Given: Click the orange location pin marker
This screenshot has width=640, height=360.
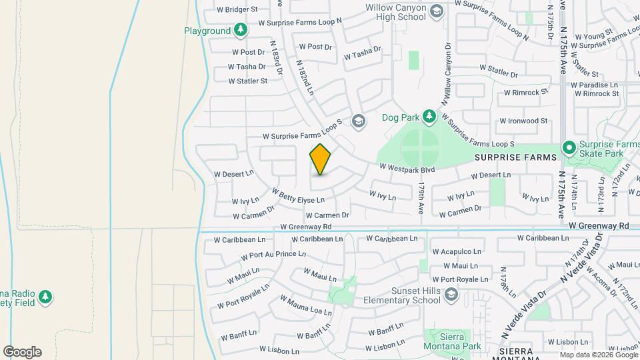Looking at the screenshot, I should click(320, 159).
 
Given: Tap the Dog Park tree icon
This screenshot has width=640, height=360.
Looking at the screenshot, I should click(429, 117).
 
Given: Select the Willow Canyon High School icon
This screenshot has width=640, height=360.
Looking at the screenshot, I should click(436, 10).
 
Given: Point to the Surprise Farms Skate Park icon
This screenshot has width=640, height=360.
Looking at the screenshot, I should click(569, 147).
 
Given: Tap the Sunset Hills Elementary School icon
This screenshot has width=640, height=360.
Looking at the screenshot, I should click(451, 294).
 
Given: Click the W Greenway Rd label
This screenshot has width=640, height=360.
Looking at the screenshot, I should click(599, 226).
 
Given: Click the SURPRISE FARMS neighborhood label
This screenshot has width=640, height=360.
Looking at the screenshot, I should click(515, 157).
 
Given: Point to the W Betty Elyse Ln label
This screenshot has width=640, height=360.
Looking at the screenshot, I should click(298, 195).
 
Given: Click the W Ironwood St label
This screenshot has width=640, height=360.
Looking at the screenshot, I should click(522, 121).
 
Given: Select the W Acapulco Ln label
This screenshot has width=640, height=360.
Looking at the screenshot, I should click(457, 251).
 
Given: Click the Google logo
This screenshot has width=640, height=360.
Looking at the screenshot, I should click(22, 352).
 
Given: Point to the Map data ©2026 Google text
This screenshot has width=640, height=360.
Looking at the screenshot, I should click(599, 355).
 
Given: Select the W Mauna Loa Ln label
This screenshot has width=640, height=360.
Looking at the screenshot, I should click(305, 307).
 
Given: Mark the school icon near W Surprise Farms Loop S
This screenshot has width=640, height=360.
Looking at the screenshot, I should click(358, 121).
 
